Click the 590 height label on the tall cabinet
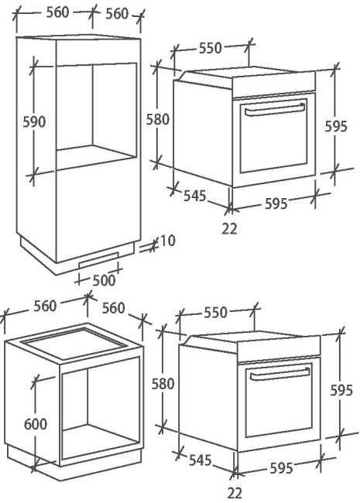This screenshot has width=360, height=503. coord(34,122)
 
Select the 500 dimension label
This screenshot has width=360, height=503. coord(104,280)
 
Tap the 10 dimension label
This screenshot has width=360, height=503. coord(167,241)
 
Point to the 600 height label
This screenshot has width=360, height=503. coord(36,424)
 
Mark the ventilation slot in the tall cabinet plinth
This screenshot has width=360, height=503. coord(99,260)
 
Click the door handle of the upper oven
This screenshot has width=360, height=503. coord(275,109)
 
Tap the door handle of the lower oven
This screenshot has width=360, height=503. coord(280,374)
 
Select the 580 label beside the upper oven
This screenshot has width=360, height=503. coord(157,120)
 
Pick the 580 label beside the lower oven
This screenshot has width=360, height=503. coord(163,384)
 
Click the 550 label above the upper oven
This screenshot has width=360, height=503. coord(211,48)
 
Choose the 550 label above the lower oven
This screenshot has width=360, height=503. coord(216,313)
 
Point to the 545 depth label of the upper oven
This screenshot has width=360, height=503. coord(195,196)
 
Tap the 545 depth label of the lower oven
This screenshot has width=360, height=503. coord(201,460)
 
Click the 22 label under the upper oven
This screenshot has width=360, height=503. coord(230,229)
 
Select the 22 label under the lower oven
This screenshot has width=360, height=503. coord(235,493)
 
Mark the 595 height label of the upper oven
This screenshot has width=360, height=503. coord(336,126)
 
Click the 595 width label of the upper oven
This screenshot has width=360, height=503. coord(276,204)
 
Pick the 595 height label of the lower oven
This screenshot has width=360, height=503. coord(341,390)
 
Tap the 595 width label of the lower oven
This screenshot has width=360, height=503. coord(281,468)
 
